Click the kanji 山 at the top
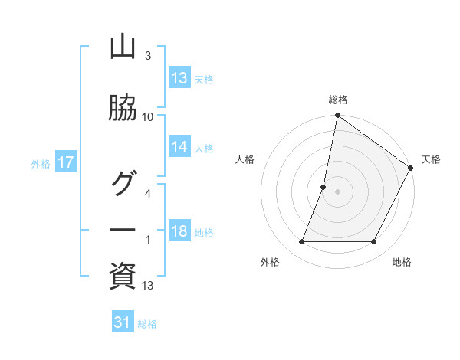(123, 47)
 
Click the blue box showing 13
(179, 77)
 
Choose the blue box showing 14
(179, 147)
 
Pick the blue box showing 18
(179, 231)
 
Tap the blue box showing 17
(66, 162)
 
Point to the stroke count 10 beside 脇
(148, 116)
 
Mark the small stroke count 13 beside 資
(148, 286)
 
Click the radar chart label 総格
(338, 100)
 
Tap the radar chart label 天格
(431, 159)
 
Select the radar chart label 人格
(245, 159)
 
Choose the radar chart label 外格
(270, 262)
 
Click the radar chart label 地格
(402, 262)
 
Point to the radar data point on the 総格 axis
(337, 116)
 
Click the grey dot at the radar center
(337, 192)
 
